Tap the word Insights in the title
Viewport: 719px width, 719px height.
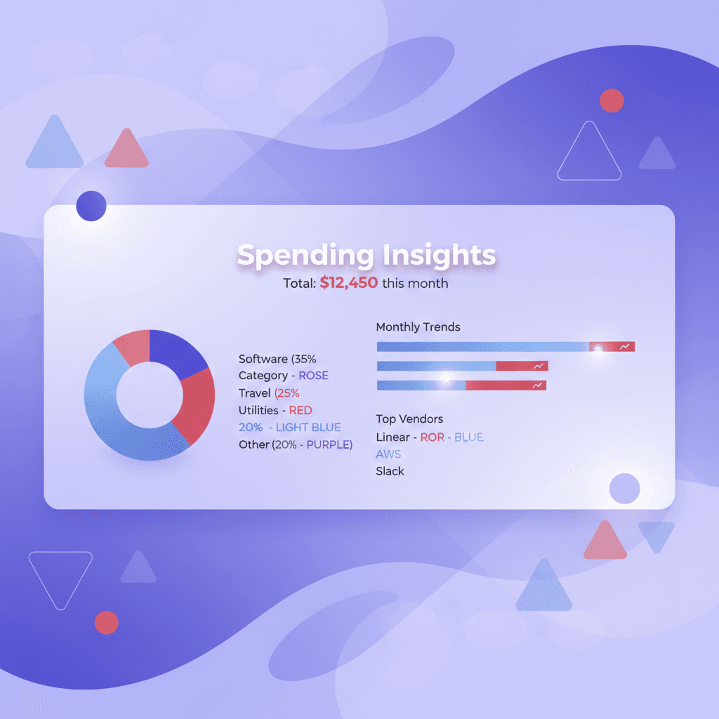tap(439, 256)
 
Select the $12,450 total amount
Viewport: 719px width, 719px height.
tap(349, 283)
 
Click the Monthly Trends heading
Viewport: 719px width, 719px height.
tap(418, 327)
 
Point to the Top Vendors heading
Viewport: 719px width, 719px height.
tap(409, 419)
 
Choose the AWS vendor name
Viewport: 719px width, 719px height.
tap(388, 454)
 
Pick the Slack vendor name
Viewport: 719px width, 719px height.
tap(390, 471)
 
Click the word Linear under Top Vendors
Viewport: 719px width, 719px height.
tap(393, 437)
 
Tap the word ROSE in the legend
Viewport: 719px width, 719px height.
tap(313, 376)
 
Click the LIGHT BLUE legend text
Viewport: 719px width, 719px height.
tap(308, 427)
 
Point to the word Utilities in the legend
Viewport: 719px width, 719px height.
tap(258, 410)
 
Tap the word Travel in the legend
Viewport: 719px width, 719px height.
tap(254, 393)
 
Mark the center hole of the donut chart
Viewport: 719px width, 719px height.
tap(149, 395)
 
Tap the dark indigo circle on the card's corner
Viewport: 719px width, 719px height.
tap(91, 206)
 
